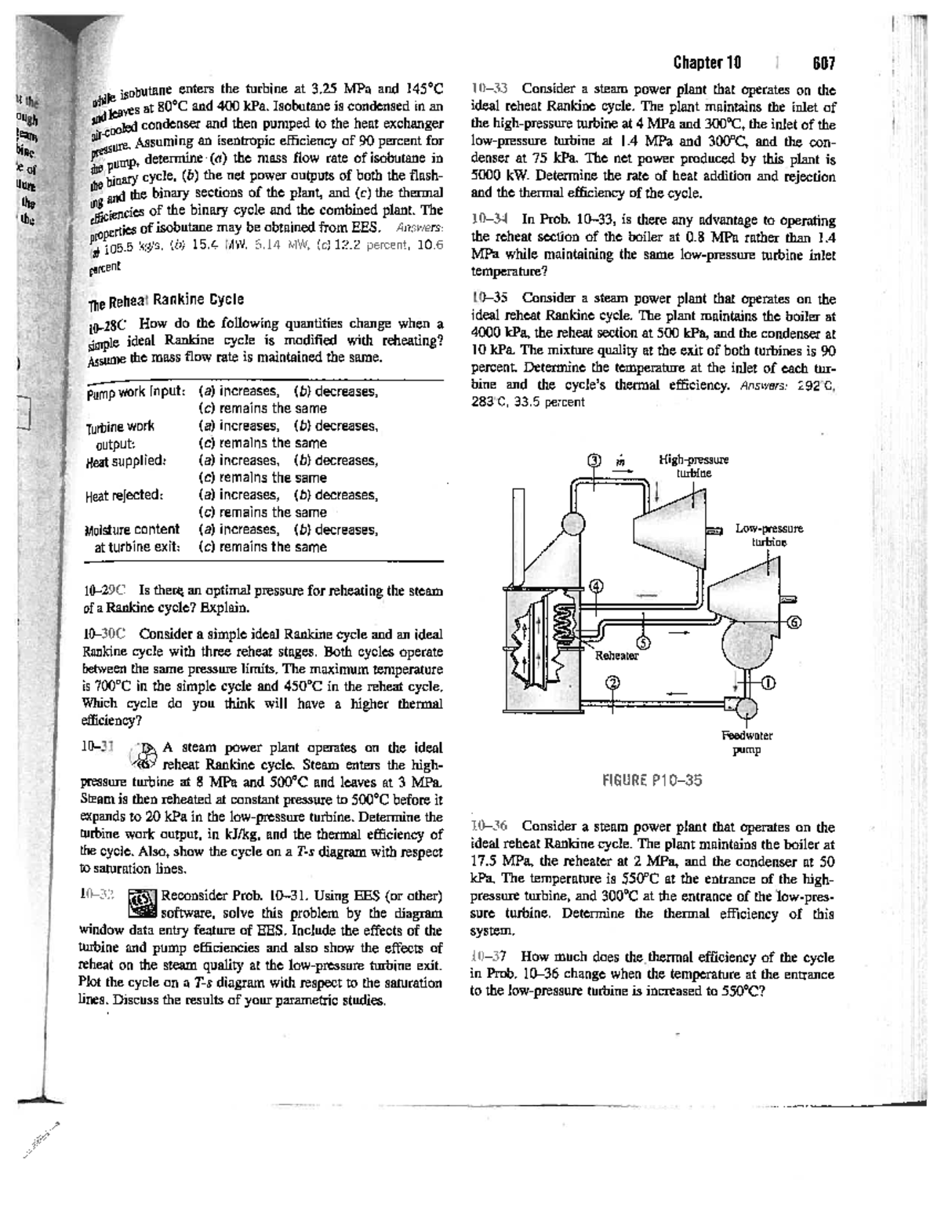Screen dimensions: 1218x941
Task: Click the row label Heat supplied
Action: [x=124, y=460]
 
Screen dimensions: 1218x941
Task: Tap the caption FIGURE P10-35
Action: [x=650, y=780]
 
